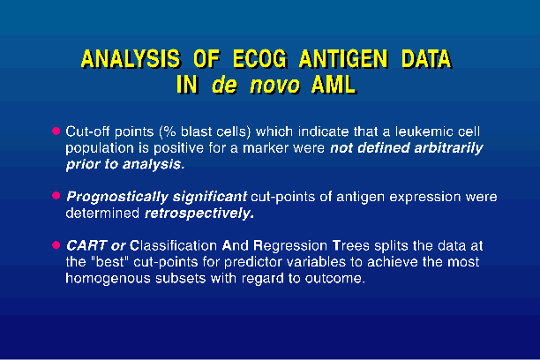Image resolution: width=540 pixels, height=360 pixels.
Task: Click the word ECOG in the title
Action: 260,58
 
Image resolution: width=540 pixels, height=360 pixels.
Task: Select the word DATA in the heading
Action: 426,58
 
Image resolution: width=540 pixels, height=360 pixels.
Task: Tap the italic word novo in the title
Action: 274,85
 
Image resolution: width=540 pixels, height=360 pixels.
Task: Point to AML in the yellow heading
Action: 334,85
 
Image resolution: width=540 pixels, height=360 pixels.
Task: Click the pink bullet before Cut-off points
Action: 56,131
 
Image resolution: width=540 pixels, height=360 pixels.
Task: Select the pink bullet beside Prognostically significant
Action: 56,196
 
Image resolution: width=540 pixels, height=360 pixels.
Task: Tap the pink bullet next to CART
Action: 56,245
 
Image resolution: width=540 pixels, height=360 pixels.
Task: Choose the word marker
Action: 266,148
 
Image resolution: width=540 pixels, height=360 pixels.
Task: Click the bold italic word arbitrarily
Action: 448,148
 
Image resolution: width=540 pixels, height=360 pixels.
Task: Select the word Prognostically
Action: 117,197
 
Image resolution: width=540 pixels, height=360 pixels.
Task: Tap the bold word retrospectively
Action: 199,214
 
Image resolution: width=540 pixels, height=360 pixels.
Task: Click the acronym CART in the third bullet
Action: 86,245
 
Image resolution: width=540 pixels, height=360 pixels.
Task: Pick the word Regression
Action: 290,245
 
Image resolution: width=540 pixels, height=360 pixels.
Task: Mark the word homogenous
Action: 109,278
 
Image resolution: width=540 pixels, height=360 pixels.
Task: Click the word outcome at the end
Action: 334,278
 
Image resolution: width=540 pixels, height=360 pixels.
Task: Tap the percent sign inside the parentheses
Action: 169,131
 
